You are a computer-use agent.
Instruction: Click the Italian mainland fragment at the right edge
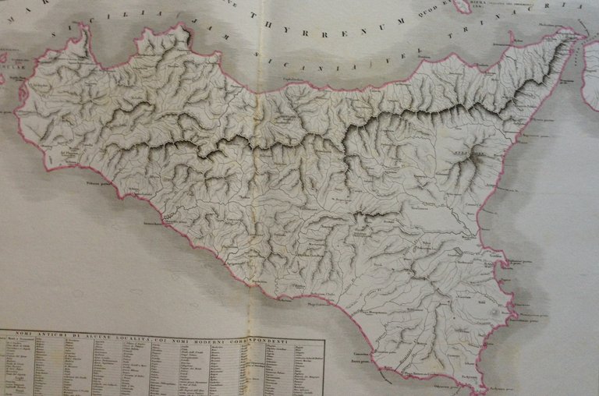590,74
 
